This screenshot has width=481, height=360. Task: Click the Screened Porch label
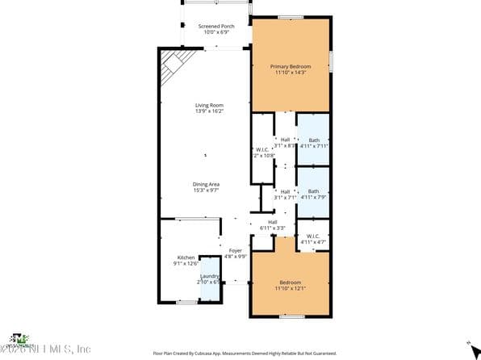coord(215,27)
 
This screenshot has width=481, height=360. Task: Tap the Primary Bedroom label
coord(290,66)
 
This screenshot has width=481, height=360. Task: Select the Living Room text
coord(209,106)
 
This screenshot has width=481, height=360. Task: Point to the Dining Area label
coord(207,184)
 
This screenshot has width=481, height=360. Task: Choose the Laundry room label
coord(209,277)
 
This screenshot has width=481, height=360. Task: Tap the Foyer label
coord(235,251)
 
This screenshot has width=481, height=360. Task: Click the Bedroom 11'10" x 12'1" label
coord(290,283)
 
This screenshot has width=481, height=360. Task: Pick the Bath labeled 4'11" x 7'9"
coord(313,191)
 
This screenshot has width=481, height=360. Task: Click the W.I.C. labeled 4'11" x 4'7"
coord(313,237)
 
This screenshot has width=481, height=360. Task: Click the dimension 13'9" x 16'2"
coord(209,111)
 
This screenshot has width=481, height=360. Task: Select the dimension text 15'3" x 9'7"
coord(207,190)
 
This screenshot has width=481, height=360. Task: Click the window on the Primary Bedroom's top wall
coord(291,17)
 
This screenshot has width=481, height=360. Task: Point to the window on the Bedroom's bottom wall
coord(291,316)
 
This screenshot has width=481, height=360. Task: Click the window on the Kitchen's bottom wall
coord(187,302)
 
